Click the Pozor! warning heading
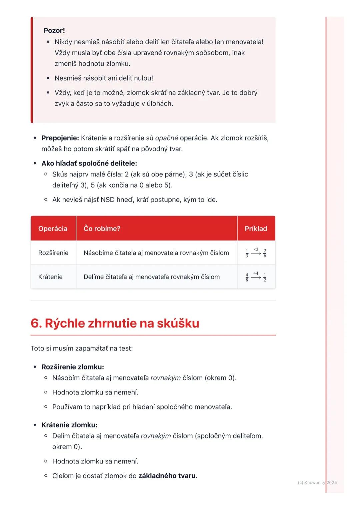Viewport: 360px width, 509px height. (54, 31)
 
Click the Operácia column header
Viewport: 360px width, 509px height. (53, 229)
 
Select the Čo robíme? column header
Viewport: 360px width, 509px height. (102, 229)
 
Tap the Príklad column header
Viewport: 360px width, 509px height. (256, 229)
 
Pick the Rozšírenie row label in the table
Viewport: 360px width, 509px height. (53, 253)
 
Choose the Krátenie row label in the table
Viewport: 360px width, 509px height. (50, 277)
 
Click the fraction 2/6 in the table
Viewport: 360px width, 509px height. (265, 253)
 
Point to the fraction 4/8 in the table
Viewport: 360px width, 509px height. (247, 277)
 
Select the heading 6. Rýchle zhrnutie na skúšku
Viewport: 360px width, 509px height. (115, 323)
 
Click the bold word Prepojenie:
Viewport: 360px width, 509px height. (60, 138)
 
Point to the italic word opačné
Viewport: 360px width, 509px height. (166, 138)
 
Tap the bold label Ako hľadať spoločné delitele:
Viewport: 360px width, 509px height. (89, 163)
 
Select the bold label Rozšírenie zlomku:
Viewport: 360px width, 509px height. (73, 367)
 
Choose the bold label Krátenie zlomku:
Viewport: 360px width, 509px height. (69, 425)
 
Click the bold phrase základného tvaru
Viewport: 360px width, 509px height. (167, 476)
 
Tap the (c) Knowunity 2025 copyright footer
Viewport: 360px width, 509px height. (317, 482)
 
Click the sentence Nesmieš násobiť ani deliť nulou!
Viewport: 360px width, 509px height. (104, 78)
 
